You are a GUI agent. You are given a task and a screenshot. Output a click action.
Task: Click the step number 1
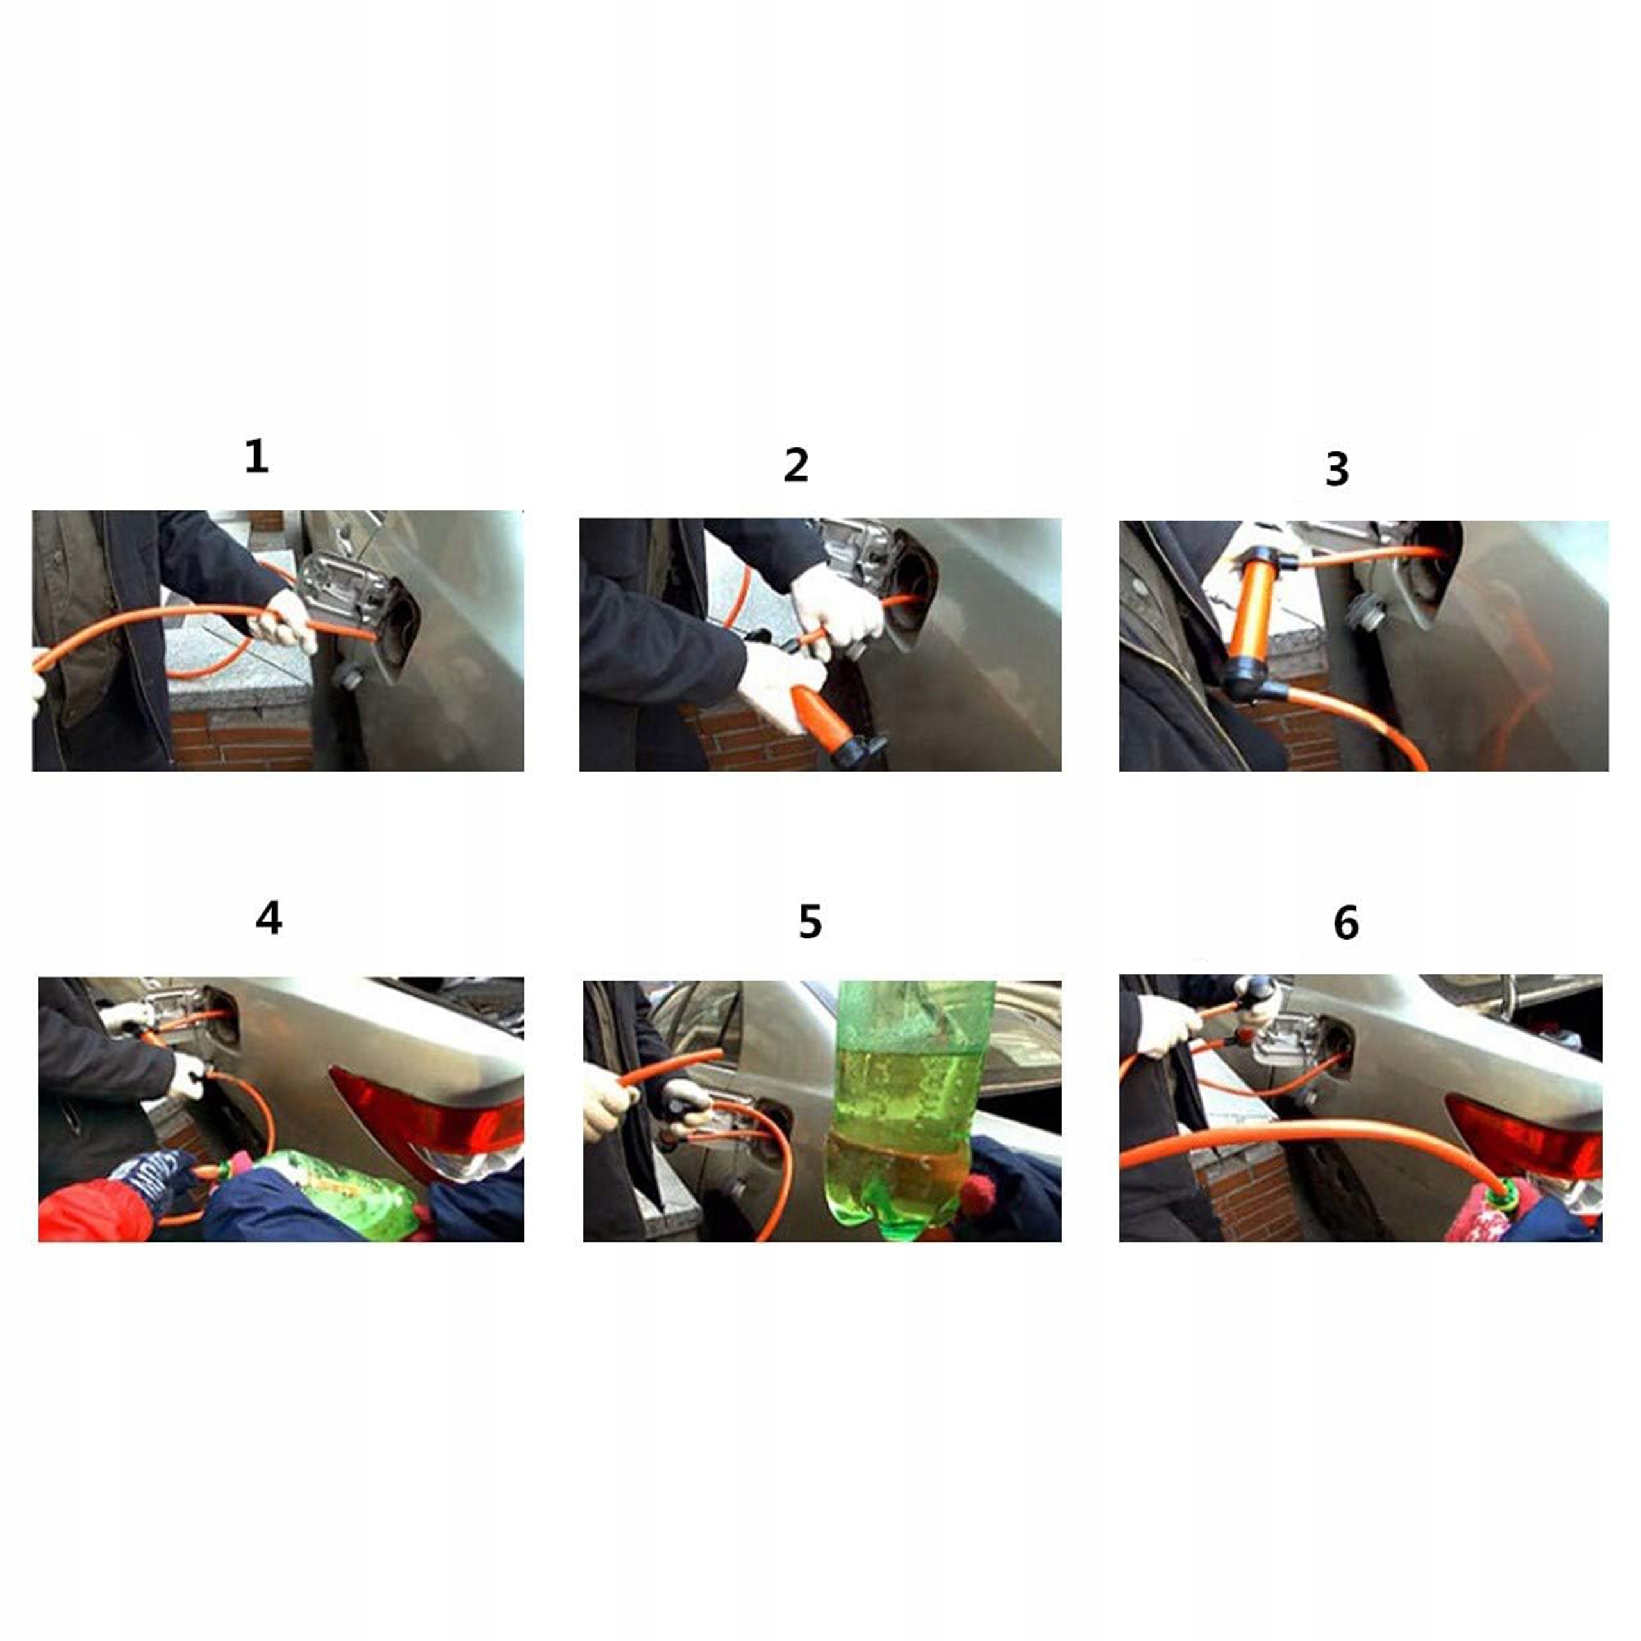256,456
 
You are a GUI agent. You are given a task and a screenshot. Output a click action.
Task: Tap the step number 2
796,465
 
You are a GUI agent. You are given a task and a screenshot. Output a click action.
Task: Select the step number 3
1337,469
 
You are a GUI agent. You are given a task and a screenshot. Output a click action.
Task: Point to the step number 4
269,918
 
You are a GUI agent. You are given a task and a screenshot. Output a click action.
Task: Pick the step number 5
810,922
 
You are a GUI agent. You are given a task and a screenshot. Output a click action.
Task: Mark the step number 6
1346,922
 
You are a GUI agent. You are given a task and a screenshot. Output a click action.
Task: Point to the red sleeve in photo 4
94,1210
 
